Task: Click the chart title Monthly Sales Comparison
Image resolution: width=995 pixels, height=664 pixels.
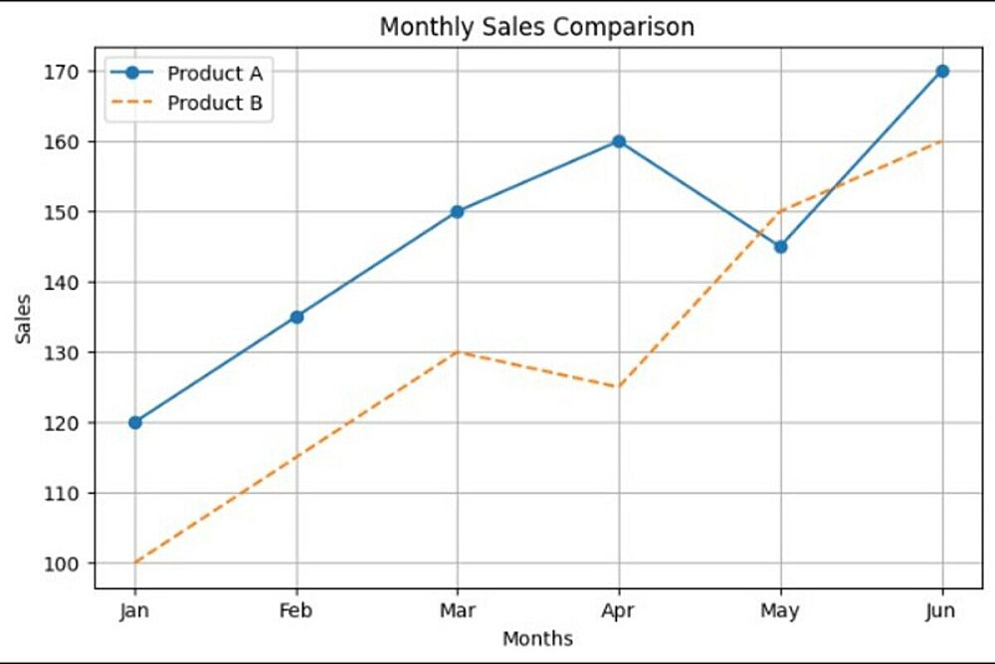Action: [x=536, y=27]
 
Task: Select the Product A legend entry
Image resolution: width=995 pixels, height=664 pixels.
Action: [x=219, y=73]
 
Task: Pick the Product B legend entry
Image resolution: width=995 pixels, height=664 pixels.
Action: [x=219, y=103]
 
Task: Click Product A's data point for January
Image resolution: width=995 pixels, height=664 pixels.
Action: [x=135, y=422]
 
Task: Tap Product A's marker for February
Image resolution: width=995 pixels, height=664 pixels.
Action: [x=297, y=317]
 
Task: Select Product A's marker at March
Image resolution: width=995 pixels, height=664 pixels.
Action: [x=458, y=211]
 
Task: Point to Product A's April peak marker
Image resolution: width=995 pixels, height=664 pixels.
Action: [x=619, y=141]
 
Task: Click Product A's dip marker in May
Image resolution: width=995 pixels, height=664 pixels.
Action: [x=781, y=246]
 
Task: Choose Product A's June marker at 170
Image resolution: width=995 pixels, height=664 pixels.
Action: [x=942, y=71]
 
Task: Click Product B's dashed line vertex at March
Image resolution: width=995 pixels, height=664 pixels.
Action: [x=458, y=351]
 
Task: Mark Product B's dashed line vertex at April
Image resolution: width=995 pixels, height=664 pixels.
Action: [x=619, y=387]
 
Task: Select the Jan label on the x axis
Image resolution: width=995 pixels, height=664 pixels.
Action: [x=135, y=610]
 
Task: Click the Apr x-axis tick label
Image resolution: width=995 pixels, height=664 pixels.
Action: [x=619, y=610]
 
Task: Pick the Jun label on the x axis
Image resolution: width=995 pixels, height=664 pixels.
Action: [x=942, y=610]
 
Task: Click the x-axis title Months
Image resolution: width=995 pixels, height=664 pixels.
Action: [x=537, y=638]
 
